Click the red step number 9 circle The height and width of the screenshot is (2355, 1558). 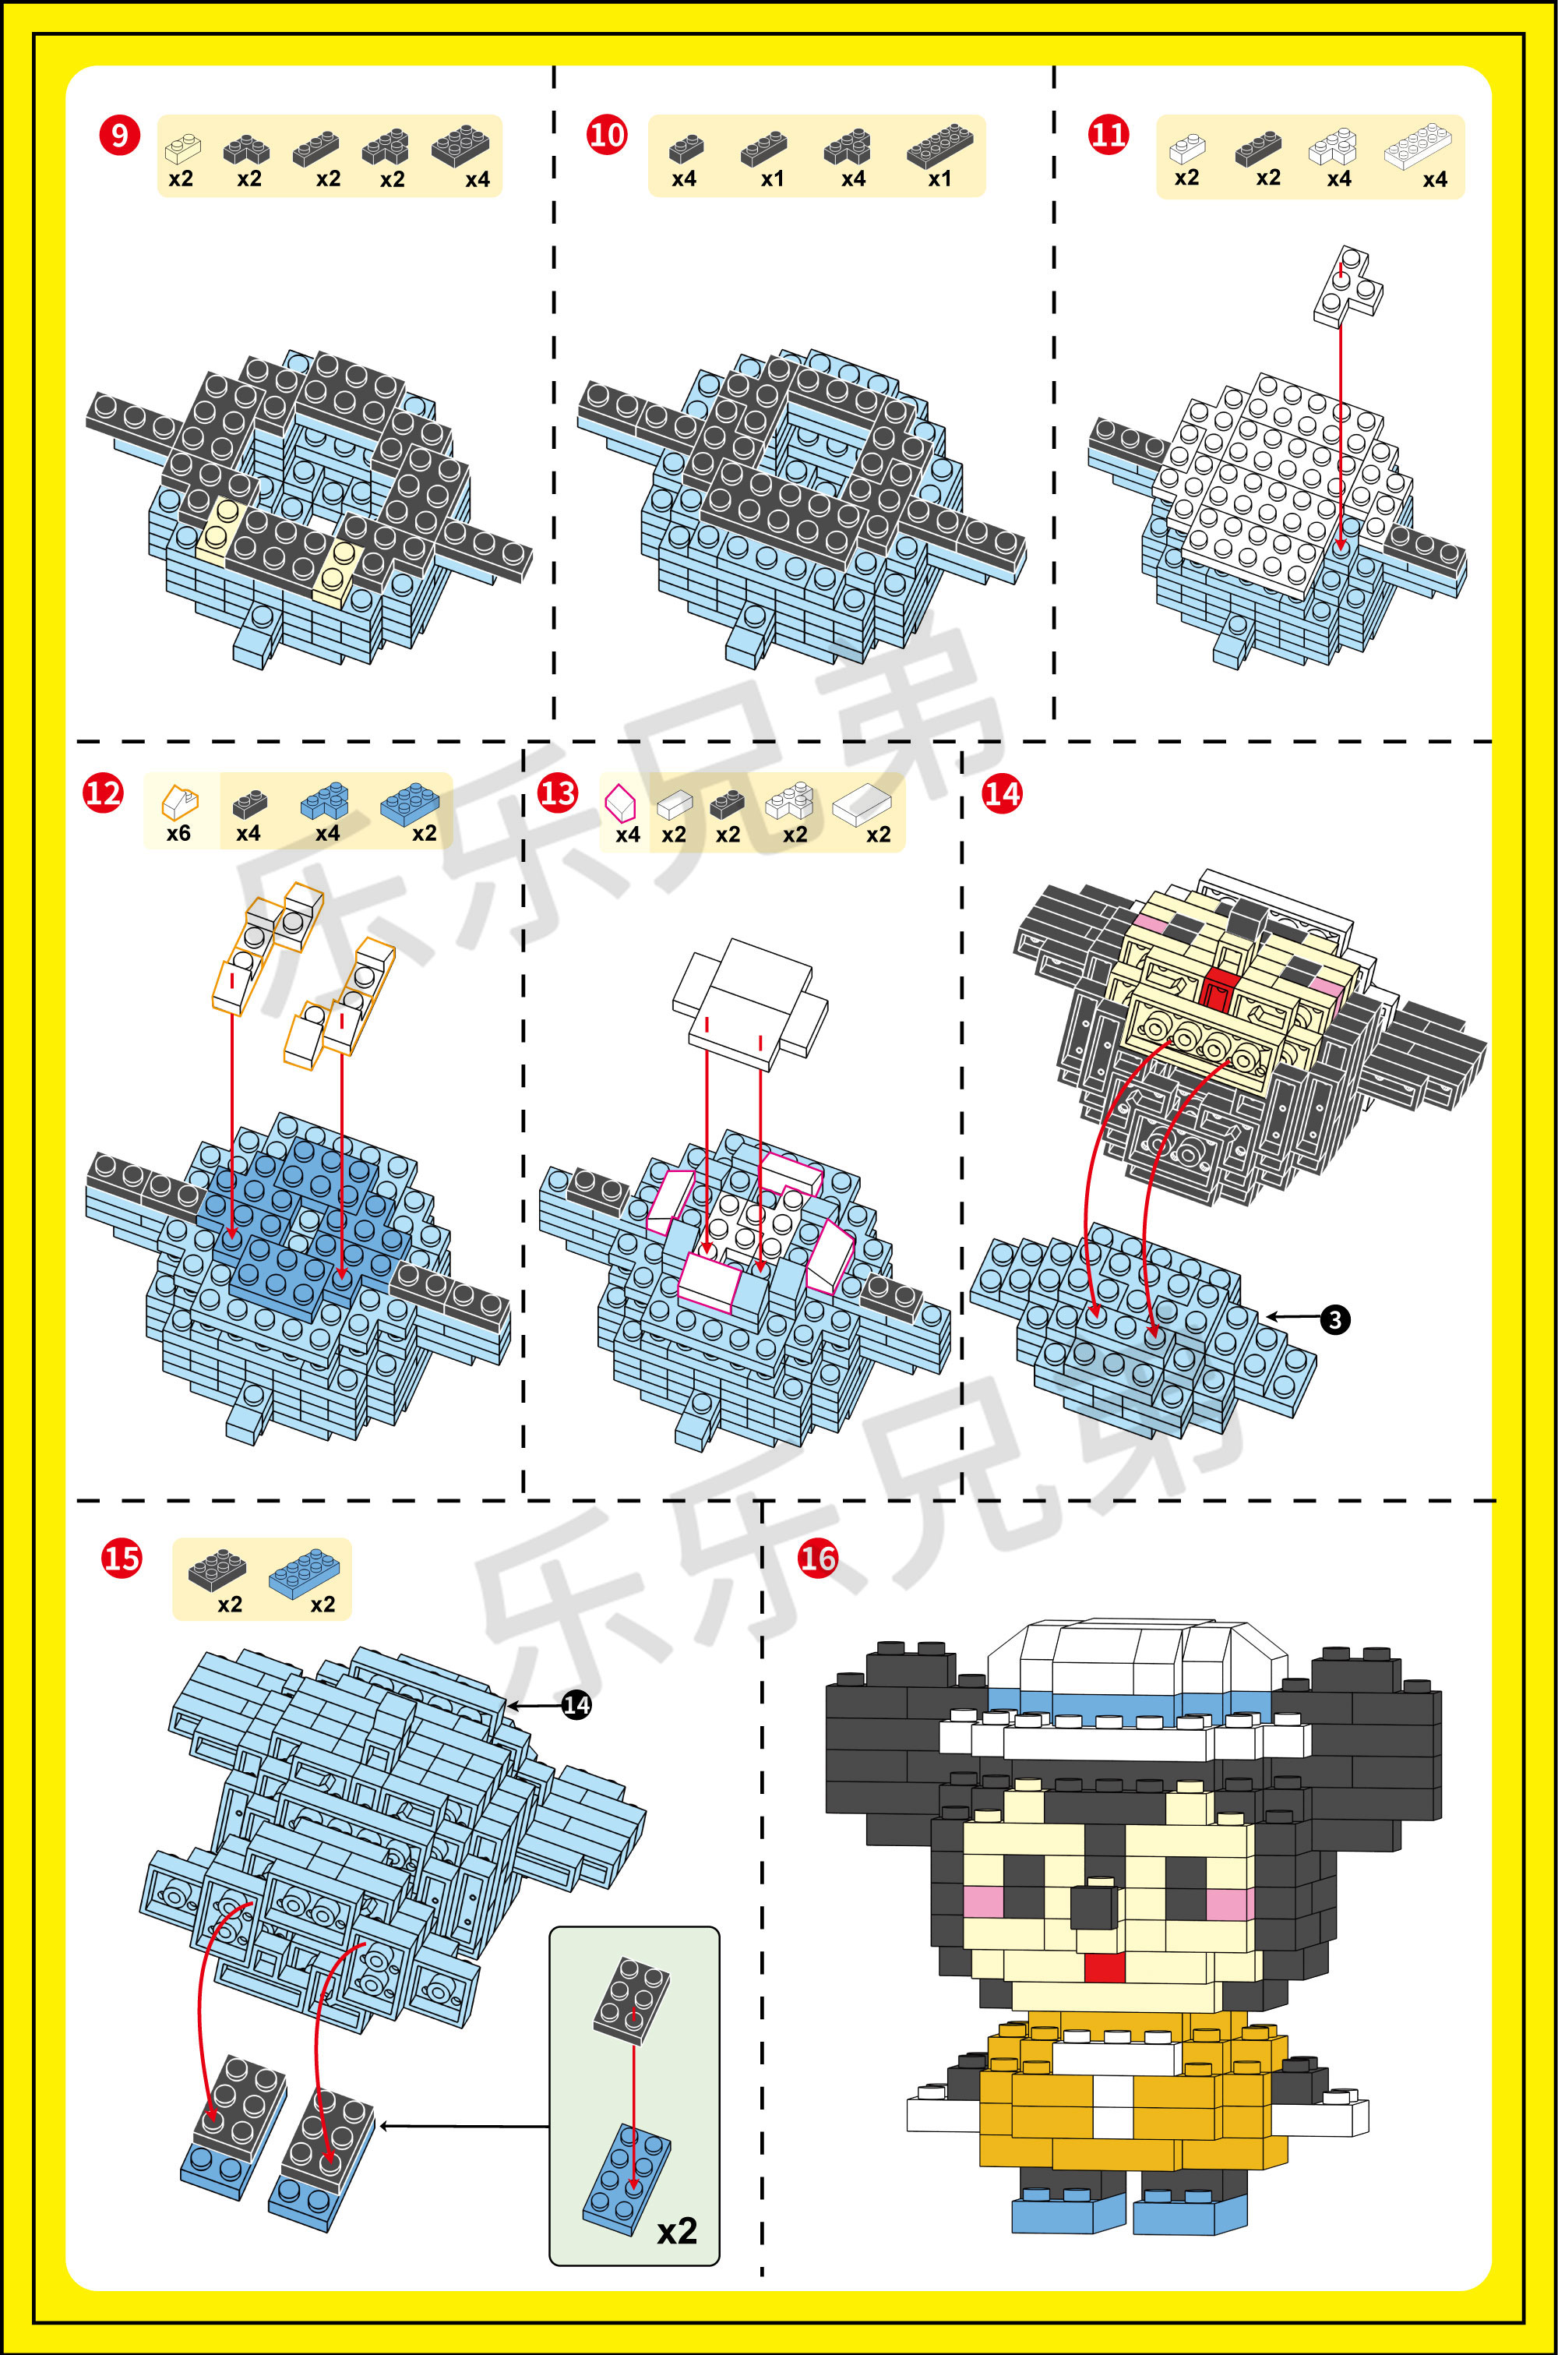[119, 134]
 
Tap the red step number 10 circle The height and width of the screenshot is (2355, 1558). [607, 134]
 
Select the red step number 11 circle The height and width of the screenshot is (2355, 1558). [1109, 134]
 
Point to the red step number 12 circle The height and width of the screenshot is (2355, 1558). [104, 793]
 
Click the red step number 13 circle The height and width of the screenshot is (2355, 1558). [558, 793]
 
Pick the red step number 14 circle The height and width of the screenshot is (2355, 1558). [1002, 793]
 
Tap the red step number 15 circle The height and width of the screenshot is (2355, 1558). [122, 1557]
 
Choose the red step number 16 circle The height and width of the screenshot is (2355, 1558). [818, 1557]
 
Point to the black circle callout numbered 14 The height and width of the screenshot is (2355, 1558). [576, 1705]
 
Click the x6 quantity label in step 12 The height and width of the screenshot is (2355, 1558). [179, 833]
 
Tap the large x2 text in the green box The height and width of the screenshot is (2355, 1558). [677, 2231]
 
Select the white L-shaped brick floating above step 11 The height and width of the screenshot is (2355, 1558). [1348, 286]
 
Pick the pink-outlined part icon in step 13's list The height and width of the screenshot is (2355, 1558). [620, 801]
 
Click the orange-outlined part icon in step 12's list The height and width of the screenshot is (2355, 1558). [180, 801]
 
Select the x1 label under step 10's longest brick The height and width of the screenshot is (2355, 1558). [940, 179]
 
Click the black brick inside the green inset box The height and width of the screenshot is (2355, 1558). [633, 2000]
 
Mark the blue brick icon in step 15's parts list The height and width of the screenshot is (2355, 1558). [304, 1573]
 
